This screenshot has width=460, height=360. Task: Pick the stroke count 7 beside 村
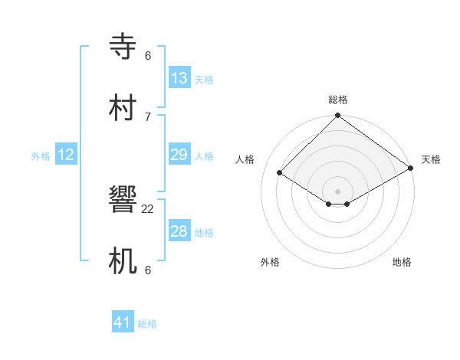(148, 116)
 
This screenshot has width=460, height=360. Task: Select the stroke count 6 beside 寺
(148, 56)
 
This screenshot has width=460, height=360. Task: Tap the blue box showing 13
(179, 78)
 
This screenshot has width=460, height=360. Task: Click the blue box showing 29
(179, 155)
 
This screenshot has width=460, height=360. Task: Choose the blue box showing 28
(179, 231)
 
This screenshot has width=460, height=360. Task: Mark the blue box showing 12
(66, 155)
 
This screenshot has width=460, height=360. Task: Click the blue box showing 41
(123, 322)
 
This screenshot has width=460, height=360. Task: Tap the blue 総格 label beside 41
(147, 324)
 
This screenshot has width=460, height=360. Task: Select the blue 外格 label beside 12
(41, 156)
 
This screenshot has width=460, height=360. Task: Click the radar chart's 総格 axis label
(338, 100)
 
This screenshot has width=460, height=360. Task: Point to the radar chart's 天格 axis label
(431, 159)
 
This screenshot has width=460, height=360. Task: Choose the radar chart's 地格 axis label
(402, 262)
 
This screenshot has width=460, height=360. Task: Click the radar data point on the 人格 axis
(280, 172)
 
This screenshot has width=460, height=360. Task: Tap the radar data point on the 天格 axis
(412, 168)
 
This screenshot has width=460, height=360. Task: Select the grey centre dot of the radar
(338, 191)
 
